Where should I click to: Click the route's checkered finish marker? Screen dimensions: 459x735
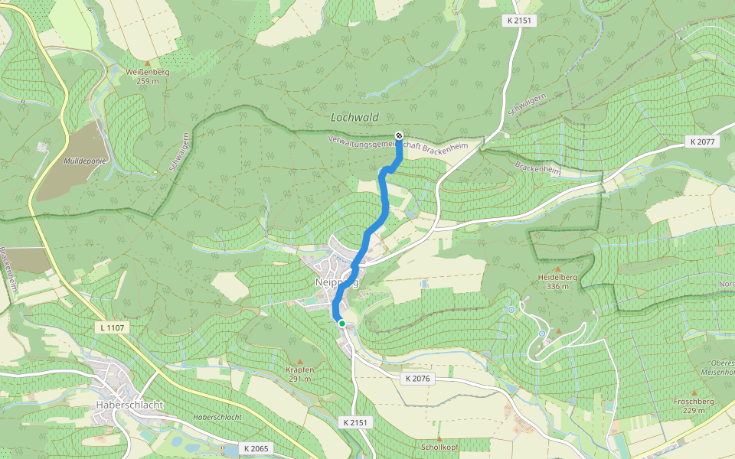399,136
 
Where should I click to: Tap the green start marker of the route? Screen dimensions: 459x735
341,323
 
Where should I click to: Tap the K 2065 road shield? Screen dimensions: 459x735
256,448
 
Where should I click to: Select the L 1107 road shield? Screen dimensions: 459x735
113,327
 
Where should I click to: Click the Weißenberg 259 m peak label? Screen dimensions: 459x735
147,76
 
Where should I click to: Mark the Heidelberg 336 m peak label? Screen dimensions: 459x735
557,282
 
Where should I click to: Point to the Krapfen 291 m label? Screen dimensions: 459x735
299,374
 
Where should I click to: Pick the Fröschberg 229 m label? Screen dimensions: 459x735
694,405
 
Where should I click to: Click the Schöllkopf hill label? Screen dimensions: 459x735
439,447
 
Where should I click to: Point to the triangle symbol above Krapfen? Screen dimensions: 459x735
300,361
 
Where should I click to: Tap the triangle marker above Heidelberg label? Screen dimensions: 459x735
557,269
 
